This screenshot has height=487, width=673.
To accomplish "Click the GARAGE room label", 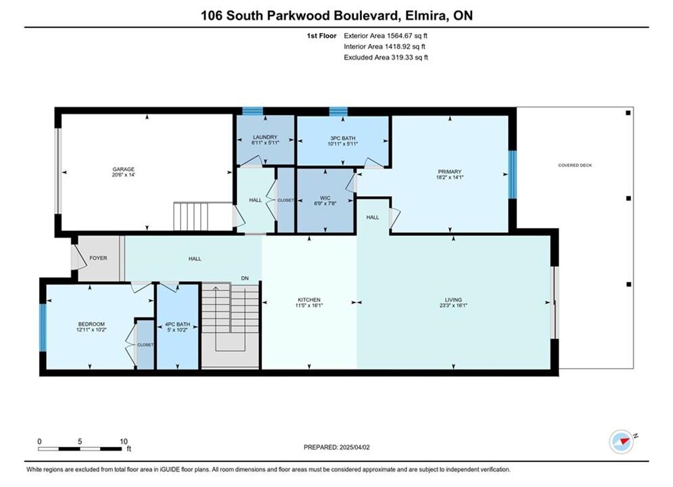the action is point(124,169).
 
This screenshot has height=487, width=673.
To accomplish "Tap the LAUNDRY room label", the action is point(265,137).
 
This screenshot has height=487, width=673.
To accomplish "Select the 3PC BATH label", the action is point(343,138).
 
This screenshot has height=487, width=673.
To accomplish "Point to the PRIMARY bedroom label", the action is point(450,171).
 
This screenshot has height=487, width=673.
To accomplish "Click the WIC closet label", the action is point(325,198).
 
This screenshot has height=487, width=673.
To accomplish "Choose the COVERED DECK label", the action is point(575,165).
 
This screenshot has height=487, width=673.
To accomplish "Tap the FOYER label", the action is point(98,258).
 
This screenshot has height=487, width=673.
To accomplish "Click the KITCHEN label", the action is point(310,300).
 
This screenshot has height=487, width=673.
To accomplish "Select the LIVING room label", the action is point(453,300).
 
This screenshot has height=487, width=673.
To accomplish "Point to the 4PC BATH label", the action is point(178,325).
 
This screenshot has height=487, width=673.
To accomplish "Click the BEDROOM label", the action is point(91,324).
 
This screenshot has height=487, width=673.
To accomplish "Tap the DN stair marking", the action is point(245,278).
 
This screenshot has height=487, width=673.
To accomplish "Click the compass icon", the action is point(622,442).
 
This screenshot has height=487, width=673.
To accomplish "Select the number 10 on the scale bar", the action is point(124,441).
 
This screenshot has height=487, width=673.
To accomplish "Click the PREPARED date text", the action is point(337,447).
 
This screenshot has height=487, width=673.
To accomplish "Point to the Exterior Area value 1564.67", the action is point(400,36).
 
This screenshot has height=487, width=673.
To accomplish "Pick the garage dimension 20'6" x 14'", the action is point(124,175).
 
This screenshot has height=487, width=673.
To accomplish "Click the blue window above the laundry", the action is point(253,111).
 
